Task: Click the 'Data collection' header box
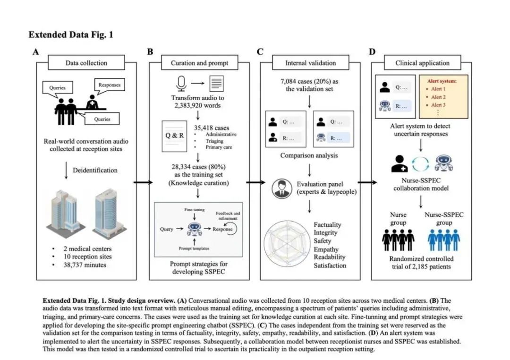point(86,62)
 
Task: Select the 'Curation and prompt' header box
point(199,62)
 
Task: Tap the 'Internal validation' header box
point(310,62)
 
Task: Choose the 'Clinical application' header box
point(422,62)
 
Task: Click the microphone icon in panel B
point(181,84)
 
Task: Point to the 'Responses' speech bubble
point(109,86)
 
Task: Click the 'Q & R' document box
point(175,136)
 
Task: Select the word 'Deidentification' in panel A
point(95,170)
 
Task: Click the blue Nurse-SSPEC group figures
point(443,240)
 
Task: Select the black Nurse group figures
point(398,240)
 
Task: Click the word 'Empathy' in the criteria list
point(327,249)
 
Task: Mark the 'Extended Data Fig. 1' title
point(71,34)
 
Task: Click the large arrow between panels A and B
point(143,182)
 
